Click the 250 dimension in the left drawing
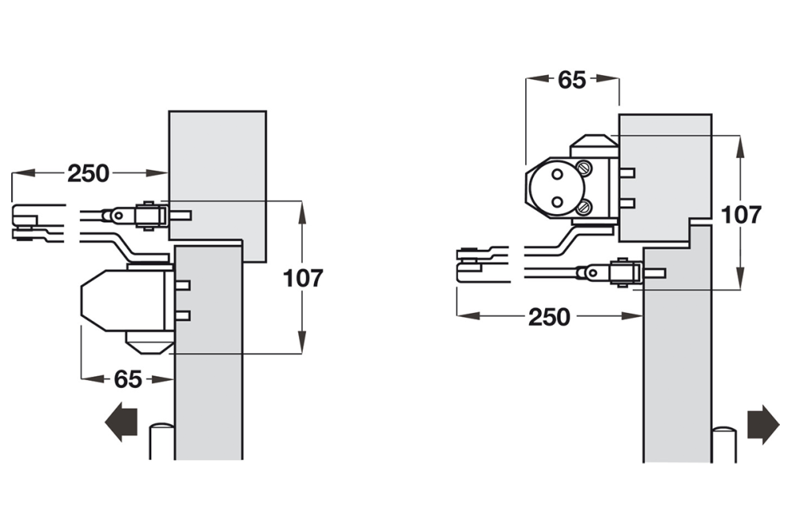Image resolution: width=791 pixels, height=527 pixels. point(88,173)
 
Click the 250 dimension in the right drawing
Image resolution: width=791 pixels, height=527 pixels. point(549,317)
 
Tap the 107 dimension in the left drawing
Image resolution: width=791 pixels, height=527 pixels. point(304,278)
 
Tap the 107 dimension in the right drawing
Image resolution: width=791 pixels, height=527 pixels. point(741,214)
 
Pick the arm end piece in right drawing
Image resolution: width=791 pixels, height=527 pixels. point(479,263)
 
